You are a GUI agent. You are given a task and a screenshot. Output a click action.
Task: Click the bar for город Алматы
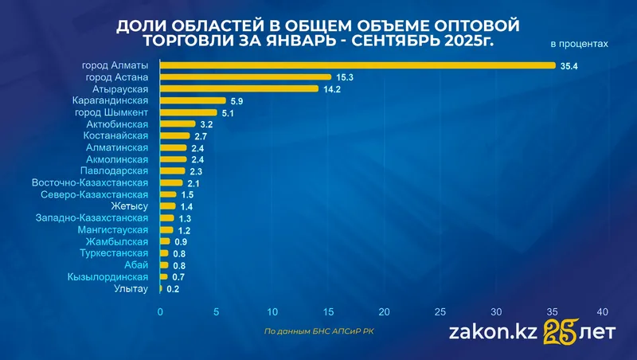tap(358, 65)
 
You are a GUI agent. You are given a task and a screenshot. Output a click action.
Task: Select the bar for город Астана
tap(245, 77)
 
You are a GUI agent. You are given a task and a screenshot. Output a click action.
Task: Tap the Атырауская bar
tap(239, 89)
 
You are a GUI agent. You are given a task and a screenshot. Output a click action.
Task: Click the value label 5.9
tap(236, 101)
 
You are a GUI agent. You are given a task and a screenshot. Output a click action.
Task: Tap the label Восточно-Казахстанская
tap(90, 182)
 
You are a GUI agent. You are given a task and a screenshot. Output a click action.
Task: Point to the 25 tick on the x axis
tap(441, 311)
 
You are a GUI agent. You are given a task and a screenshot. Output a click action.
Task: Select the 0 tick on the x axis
tap(161, 311)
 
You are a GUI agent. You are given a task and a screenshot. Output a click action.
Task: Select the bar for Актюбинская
tap(178, 124)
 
